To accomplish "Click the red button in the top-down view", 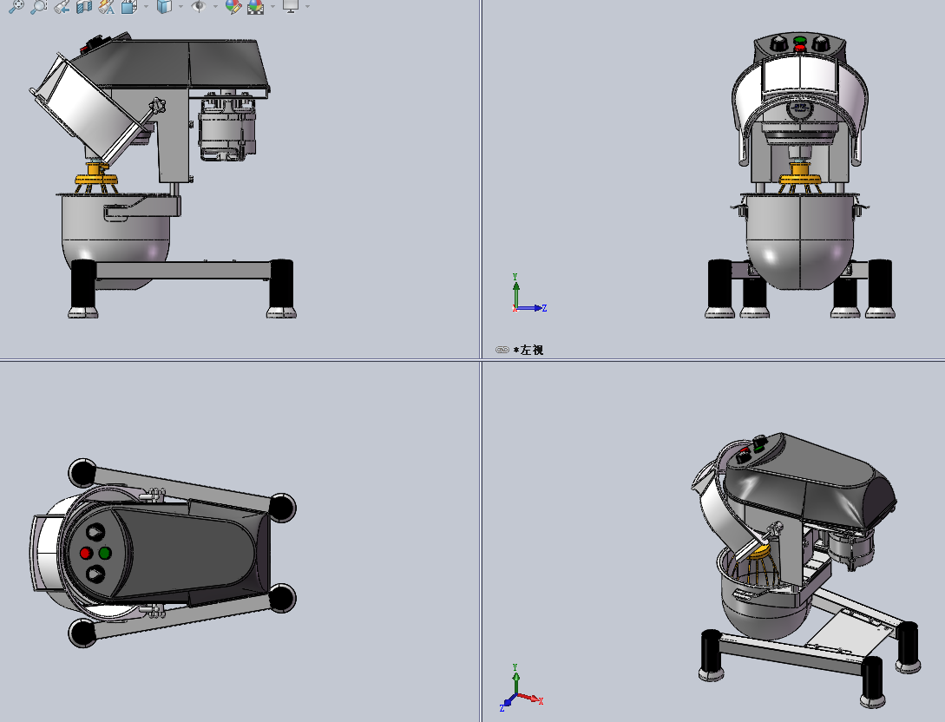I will [x=85, y=553].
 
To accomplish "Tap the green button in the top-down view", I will [x=105, y=553].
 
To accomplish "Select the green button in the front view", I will [x=799, y=40].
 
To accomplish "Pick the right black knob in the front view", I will [x=822, y=43].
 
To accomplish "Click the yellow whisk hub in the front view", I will [x=799, y=181].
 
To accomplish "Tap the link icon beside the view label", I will [x=502, y=350].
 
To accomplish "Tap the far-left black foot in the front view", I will [x=720, y=288].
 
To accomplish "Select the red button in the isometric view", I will [x=744, y=452].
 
